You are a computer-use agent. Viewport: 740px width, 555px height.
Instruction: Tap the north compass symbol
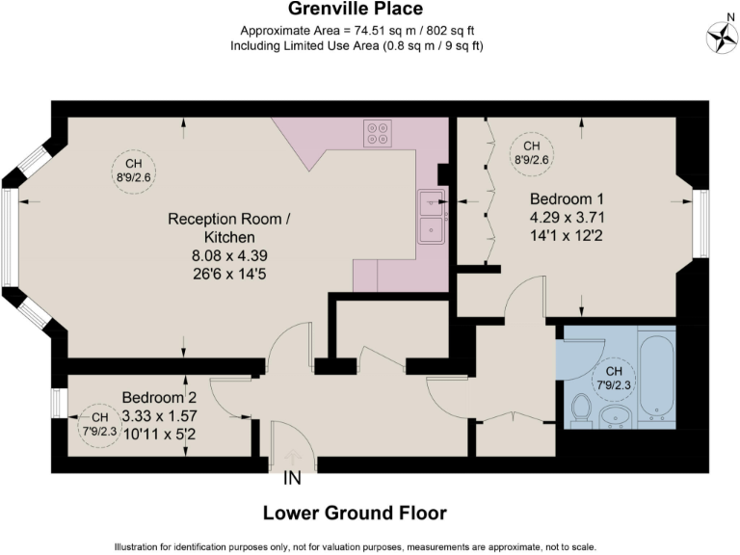pyautogui.click(x=721, y=38)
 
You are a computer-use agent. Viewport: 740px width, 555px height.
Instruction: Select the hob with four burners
pyautogui.click(x=378, y=134)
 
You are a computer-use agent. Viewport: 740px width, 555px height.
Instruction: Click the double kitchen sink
pyautogui.click(x=430, y=216)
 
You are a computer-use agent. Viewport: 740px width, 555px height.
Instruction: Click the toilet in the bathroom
pyautogui.click(x=581, y=409)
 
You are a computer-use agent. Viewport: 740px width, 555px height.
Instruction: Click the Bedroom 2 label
pyautogui.click(x=159, y=397)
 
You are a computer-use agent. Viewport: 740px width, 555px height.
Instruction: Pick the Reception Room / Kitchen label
pyautogui.click(x=228, y=227)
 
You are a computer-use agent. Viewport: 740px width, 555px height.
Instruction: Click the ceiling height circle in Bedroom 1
pyautogui.click(x=532, y=152)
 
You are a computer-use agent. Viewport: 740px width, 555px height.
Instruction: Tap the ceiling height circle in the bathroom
pyautogui.click(x=614, y=378)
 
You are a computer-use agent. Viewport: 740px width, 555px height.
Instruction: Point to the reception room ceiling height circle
pyautogui.click(x=133, y=171)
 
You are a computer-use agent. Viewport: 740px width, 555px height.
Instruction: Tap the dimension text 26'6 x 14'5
pyautogui.click(x=228, y=273)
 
